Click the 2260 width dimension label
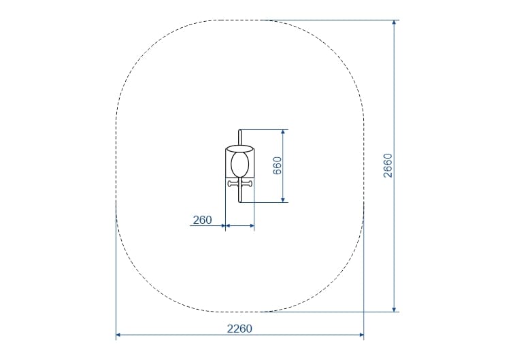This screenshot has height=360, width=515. (x=239, y=329)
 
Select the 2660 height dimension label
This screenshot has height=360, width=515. (x=388, y=165)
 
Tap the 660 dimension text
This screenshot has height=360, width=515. (x=277, y=165)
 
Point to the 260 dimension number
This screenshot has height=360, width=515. (x=202, y=220)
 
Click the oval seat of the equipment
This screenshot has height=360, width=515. (x=239, y=163)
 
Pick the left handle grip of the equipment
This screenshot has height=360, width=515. (x=233, y=184)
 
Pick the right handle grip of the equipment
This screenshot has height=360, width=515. (x=248, y=184)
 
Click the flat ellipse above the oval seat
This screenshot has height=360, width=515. (x=239, y=148)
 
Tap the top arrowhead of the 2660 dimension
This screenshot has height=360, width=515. (x=394, y=22)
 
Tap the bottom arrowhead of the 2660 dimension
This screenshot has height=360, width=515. (x=394, y=310)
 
